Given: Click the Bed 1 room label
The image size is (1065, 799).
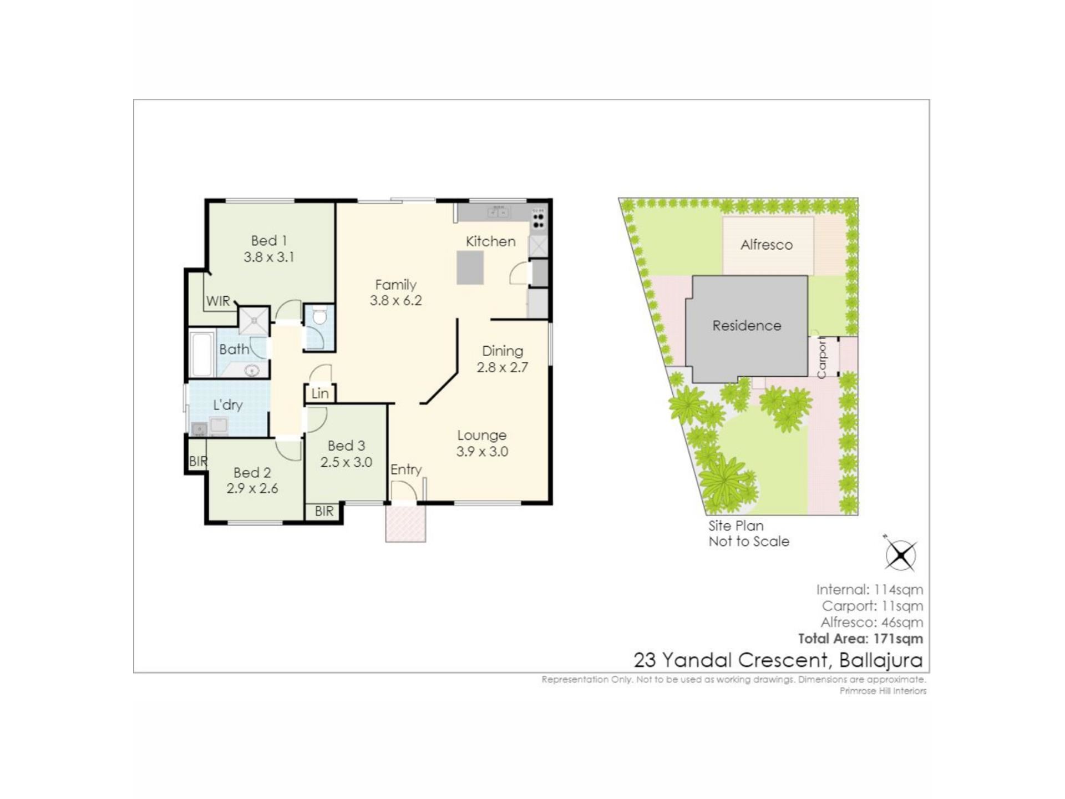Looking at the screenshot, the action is tap(269, 241).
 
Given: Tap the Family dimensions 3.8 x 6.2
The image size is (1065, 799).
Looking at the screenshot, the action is tap(396, 301).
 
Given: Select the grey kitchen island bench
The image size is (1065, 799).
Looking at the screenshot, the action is tap(470, 268).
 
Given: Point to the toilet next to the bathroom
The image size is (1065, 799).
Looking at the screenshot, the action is tap(319, 317).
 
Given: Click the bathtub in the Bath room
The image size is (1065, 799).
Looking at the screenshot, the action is tap(201, 354).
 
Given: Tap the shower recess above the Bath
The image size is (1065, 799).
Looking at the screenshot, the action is tap(254, 321).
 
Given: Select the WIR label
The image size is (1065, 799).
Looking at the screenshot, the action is tap(218, 301).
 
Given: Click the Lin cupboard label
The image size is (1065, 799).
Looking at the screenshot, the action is tap(320, 393).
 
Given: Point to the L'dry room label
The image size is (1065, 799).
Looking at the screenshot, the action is tap(228, 405).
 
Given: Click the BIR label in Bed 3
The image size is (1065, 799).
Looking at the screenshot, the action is tap(324, 511).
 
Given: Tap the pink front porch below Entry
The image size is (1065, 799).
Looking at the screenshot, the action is tap(406, 523).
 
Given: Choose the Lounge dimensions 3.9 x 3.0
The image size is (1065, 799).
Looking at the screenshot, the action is tap(482, 452).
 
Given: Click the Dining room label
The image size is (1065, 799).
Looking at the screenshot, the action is tap(503, 351).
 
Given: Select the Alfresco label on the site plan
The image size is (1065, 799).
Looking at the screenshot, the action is tap(767, 245).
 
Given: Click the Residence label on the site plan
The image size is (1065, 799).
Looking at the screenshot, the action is tap(747, 326).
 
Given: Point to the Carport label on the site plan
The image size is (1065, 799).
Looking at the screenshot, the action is tap(821, 358).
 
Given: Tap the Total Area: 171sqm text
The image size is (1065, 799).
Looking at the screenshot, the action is tap(860, 639).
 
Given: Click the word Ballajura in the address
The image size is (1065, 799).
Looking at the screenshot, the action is tap(881, 660).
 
